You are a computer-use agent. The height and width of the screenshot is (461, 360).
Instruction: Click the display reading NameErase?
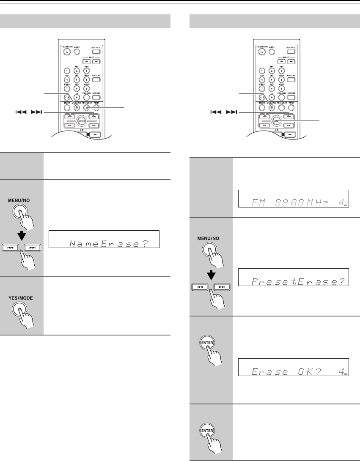(104, 243)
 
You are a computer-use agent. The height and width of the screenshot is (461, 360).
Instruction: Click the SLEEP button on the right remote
(271, 52)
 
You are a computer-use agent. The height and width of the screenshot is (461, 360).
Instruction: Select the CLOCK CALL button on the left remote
(97, 52)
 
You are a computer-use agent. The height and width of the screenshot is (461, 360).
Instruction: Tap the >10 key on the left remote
(67, 97)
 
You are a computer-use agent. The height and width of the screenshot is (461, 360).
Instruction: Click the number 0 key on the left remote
(77, 97)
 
